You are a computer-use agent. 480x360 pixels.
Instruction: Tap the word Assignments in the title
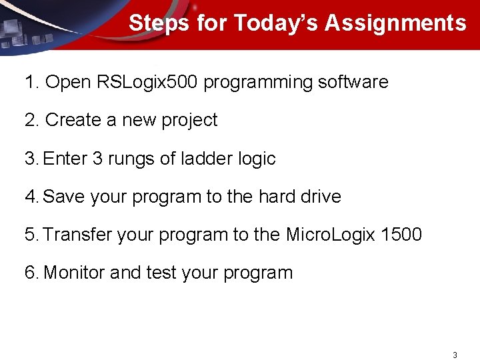pos(395,23)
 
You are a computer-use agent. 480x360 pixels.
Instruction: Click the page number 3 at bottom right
pos(455,355)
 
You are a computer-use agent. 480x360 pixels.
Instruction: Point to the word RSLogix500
pos(147,83)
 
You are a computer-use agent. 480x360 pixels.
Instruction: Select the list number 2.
pos(31,121)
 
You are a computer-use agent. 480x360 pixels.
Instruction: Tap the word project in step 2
pos(191,121)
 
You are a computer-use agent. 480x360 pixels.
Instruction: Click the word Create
pos(72,121)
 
